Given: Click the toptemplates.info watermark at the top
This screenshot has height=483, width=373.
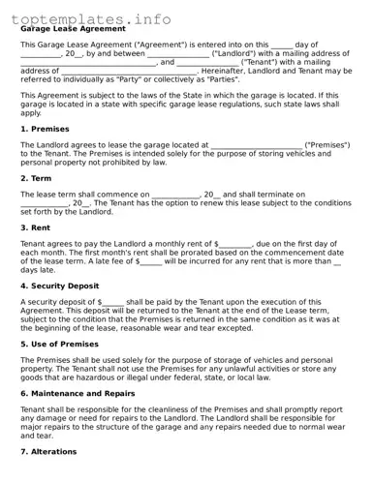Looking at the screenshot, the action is [x=92, y=18].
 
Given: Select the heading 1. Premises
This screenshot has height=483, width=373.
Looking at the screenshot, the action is [x=45, y=128].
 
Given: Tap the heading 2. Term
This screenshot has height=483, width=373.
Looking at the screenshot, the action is [x=35, y=178].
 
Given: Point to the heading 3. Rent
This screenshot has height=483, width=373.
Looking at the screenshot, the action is [x=35, y=227].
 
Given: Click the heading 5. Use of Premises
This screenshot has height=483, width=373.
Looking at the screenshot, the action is [x=59, y=345].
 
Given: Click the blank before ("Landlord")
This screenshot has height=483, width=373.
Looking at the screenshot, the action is [x=178, y=54].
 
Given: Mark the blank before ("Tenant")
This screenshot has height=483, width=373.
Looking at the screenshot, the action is [x=207, y=63].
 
